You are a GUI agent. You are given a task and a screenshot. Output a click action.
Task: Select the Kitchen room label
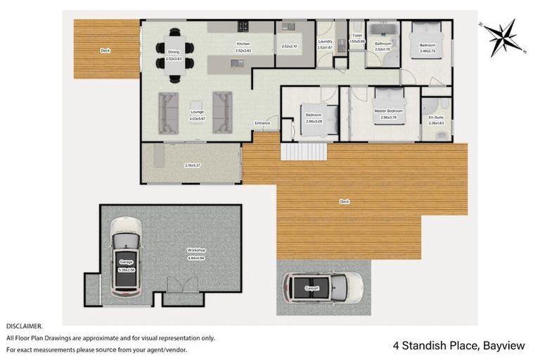point(243,44)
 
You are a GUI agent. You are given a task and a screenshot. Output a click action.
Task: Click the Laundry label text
point(325,41)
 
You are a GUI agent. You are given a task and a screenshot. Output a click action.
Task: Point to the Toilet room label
point(357,35)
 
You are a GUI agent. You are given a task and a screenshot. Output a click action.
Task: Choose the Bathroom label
point(382,44)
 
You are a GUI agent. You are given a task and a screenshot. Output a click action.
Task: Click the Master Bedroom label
point(387,110)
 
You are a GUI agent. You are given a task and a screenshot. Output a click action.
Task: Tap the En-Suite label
point(436,117)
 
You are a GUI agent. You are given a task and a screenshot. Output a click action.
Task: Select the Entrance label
point(262,124)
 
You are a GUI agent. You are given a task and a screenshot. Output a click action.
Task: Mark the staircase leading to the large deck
point(304,150)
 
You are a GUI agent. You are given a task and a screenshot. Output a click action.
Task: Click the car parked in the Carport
point(323,287)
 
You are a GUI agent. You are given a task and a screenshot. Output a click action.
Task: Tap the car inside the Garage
point(126,257)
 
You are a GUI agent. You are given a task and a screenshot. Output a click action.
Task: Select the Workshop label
point(195,250)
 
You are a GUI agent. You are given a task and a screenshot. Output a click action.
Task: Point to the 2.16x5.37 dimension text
point(193,165)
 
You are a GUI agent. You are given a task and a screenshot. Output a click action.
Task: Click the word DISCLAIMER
point(25,326)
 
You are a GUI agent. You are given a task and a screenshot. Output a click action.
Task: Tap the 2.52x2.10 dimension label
point(290,46)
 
